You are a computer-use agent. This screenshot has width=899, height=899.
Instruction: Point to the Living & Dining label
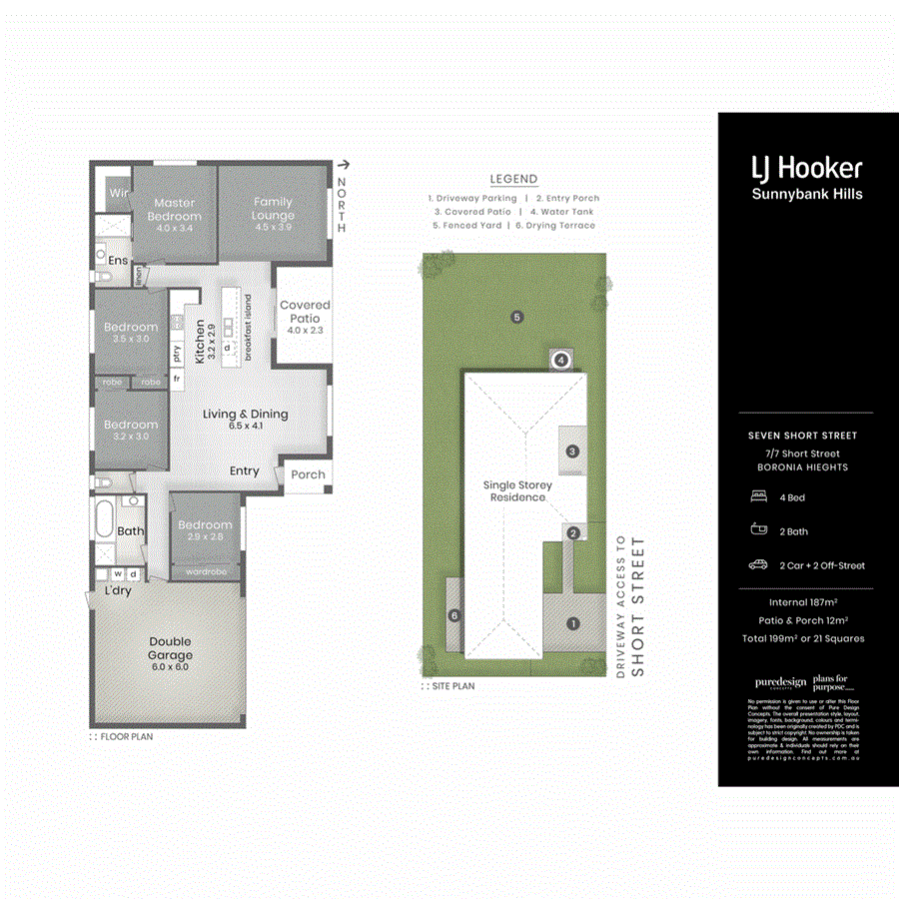coord(246,420)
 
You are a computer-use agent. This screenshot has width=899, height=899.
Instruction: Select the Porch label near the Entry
coord(308,474)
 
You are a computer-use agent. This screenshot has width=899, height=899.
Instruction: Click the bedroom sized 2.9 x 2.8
coord(205,530)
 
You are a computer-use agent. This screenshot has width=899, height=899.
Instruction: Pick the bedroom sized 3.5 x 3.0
coord(131,333)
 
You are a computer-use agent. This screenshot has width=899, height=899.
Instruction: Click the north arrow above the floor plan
coord(343,165)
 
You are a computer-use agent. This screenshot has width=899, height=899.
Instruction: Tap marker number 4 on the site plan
coord(561,360)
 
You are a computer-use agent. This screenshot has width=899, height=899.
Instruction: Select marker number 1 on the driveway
coord(572,624)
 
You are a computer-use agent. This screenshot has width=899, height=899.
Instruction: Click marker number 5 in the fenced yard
coord(516,318)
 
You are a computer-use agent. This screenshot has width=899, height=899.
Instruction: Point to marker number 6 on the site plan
coord(453,616)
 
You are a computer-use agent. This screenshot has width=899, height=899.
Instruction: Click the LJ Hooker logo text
coord(806,169)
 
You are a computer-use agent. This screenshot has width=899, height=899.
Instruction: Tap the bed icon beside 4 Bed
coord(757,496)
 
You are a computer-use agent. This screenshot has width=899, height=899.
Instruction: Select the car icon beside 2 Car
coord(757,565)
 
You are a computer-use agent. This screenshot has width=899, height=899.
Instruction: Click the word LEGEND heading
coord(513,179)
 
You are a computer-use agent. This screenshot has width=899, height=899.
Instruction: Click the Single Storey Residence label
coord(516,490)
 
